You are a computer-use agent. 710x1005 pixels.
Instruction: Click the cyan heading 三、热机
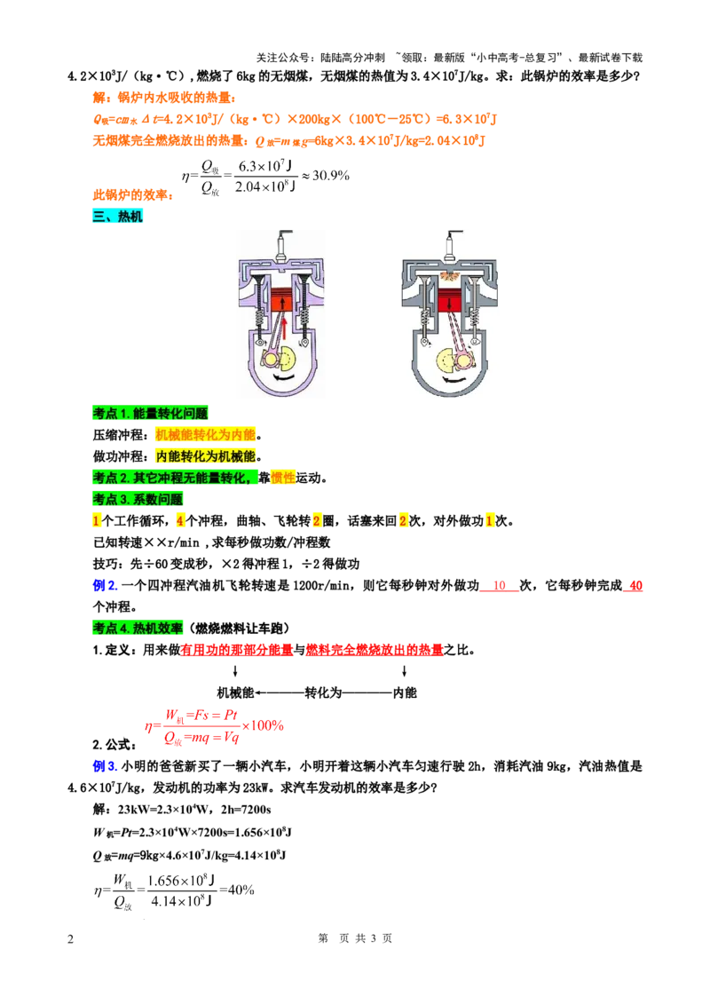coord(117,217)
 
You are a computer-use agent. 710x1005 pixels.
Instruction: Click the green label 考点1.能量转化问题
coord(150,414)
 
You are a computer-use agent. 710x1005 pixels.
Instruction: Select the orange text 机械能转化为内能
coord(205,435)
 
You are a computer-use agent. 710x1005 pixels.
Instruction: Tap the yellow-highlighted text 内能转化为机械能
coord(205,456)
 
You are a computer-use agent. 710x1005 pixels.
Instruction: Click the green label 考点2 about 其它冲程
coord(175,479)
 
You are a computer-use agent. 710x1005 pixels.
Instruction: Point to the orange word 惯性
coord(283,479)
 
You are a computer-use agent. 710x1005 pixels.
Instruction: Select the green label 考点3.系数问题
coord(138,500)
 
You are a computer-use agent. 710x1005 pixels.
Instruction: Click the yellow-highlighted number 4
coord(179,521)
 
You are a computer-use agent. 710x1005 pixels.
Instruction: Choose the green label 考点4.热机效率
coord(138,629)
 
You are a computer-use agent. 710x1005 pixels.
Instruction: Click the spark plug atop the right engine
coord(452,244)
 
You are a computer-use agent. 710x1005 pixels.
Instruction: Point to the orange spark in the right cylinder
coord(452,276)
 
